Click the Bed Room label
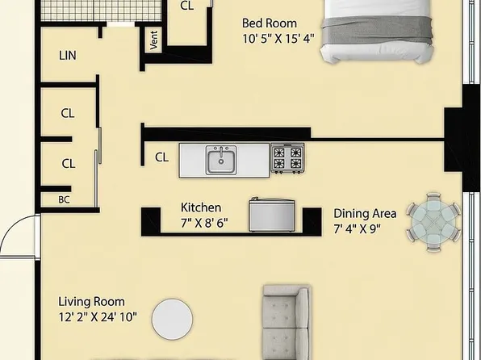(x=270, y=23)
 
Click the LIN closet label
(x=68, y=57)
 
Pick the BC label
(x=64, y=199)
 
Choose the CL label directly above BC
(x=69, y=163)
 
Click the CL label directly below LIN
(x=69, y=114)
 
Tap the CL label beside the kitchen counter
(x=161, y=157)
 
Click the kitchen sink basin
(x=220, y=162)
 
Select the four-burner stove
(x=287, y=158)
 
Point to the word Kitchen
(x=201, y=207)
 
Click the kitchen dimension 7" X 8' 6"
(x=203, y=222)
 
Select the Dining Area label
(x=365, y=213)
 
